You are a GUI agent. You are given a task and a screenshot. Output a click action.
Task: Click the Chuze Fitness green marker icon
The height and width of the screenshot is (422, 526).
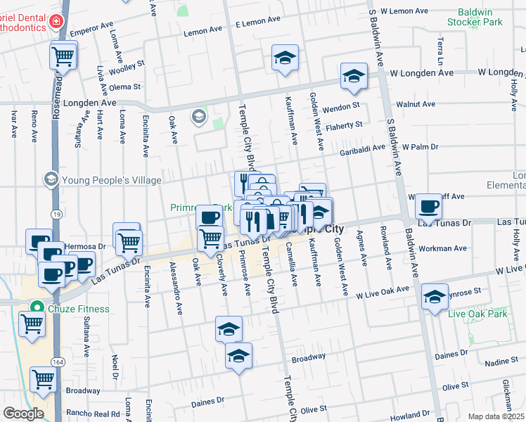tap(37, 308)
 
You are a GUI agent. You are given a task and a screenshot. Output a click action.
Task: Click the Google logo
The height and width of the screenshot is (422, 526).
tap(23, 414)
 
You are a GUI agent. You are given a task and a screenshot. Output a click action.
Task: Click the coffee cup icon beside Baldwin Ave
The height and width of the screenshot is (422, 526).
tap(428, 207)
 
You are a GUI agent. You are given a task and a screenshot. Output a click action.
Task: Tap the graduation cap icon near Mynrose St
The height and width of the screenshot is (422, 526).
tap(435, 297)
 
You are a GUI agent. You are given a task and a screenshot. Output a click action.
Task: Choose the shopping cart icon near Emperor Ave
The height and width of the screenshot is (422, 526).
tap(63, 56)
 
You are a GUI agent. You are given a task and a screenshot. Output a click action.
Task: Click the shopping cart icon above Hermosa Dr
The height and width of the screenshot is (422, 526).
tap(128, 241)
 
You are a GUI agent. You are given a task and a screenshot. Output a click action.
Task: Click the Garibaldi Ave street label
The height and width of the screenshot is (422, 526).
tap(363, 148)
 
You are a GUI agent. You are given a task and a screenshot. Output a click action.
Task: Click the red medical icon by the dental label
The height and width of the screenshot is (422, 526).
tap(56, 22)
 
